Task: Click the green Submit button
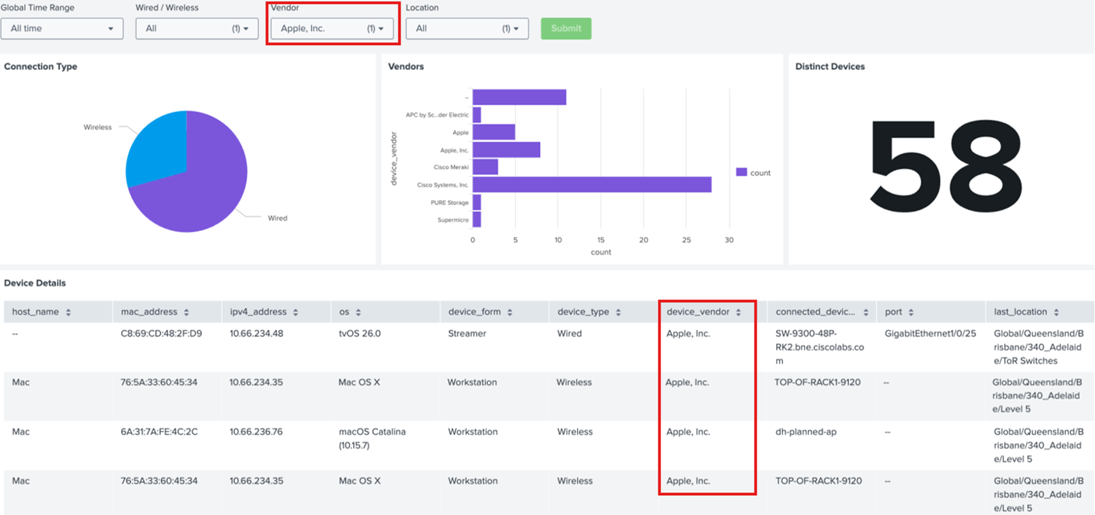point(566,29)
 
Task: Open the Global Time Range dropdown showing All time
point(62,29)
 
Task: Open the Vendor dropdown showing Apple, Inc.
point(332,29)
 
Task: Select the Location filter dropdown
point(467,29)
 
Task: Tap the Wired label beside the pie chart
point(277,218)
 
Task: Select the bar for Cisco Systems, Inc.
point(591,185)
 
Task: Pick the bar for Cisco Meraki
point(485,167)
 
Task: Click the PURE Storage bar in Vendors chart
point(477,202)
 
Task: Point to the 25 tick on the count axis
point(686,240)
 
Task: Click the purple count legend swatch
point(741,173)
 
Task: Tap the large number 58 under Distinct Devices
point(946,166)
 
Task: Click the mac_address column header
point(149,312)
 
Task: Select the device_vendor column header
point(698,312)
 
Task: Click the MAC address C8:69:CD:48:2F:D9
point(161,333)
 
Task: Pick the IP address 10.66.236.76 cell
point(256,432)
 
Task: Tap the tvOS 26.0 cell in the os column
point(359,333)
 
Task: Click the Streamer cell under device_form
point(467,333)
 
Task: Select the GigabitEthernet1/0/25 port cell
point(930,333)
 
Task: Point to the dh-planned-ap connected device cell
point(805,432)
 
